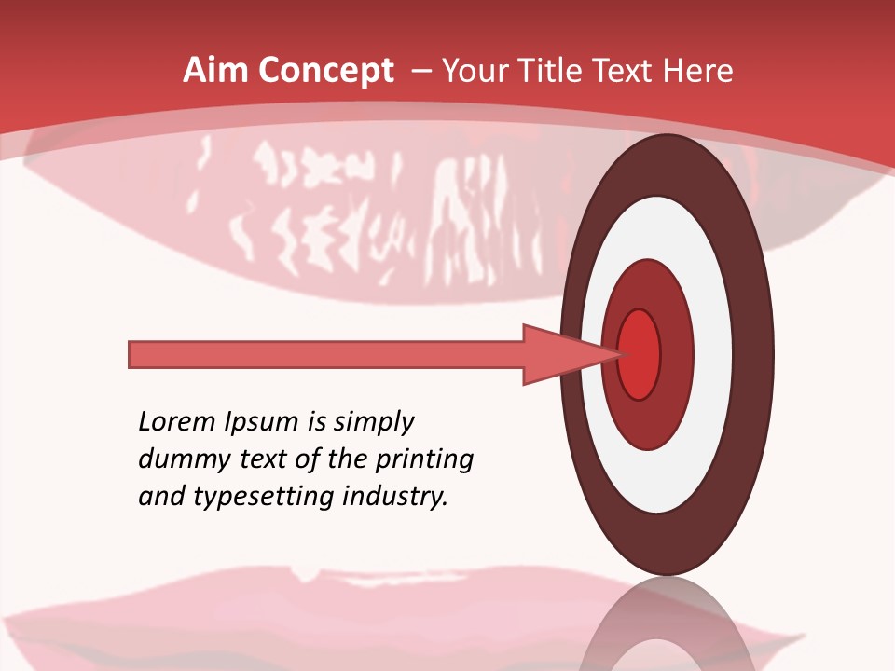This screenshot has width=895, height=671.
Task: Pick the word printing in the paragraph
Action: [x=424, y=459]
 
